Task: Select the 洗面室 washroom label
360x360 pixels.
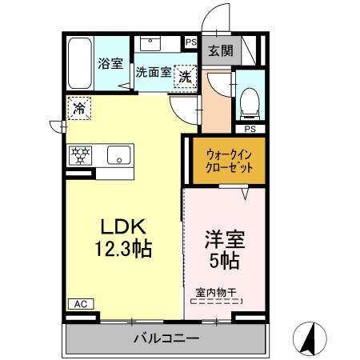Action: pos(154,71)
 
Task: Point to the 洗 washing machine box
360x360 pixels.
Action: pos(185,77)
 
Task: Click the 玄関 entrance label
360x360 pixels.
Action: pos(221,50)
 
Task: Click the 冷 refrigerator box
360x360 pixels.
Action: pos(78,106)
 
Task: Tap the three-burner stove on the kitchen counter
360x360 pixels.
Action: pos(80,154)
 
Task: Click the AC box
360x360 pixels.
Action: pos(80,303)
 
